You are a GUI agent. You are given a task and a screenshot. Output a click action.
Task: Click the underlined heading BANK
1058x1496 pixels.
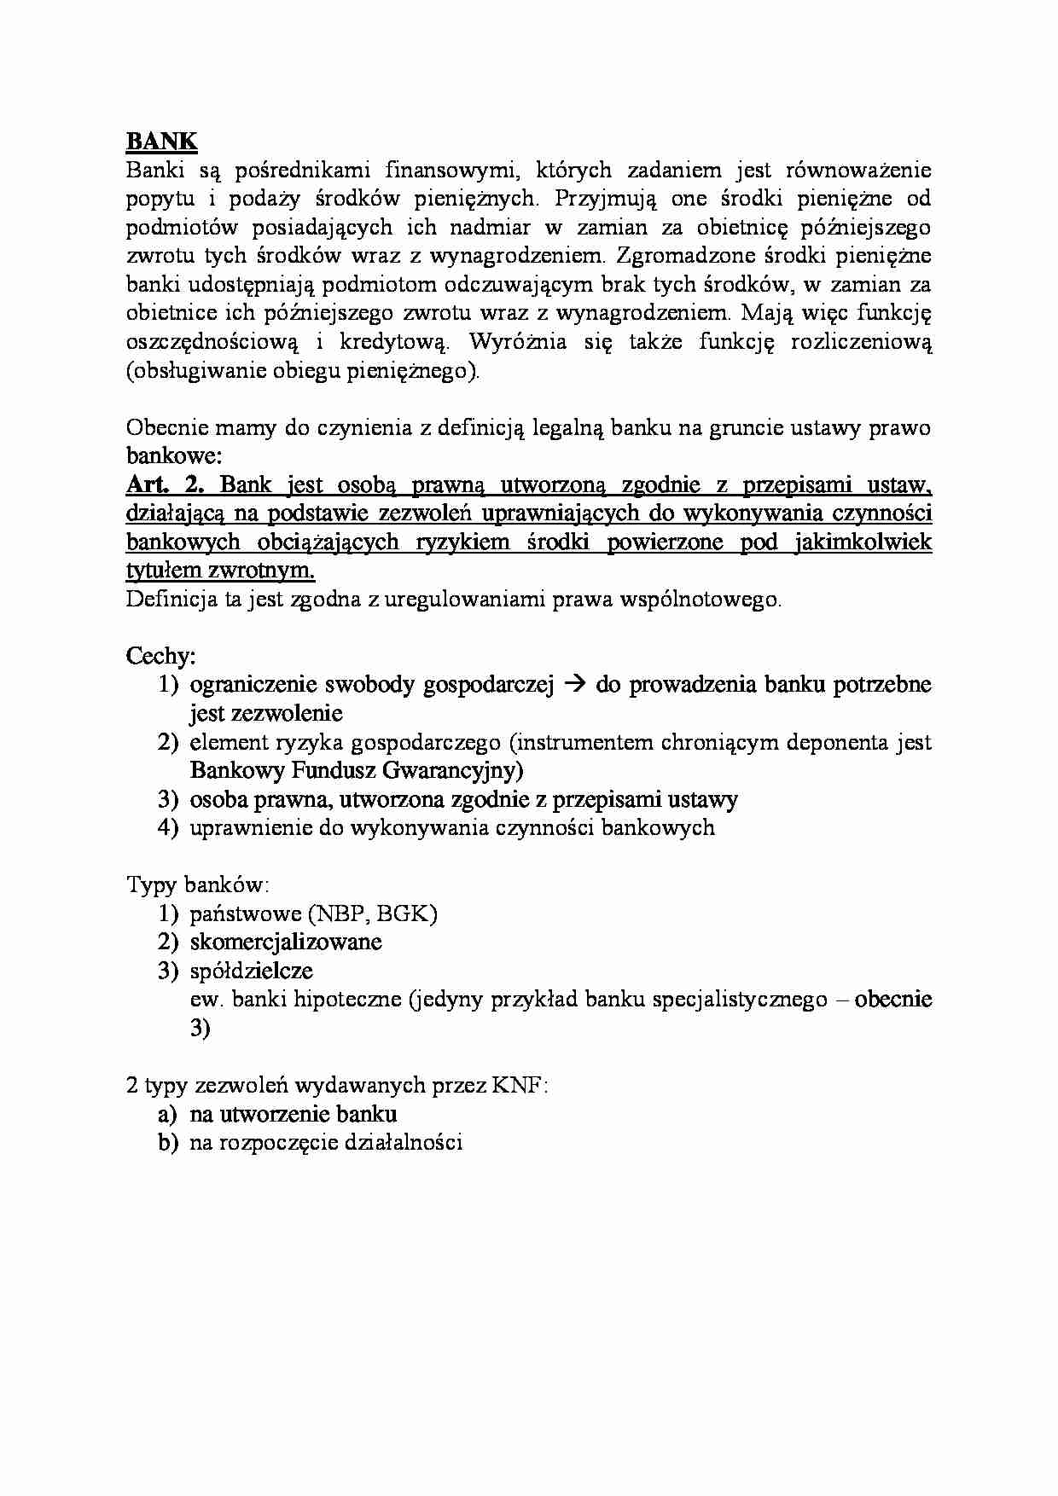pos(162,141)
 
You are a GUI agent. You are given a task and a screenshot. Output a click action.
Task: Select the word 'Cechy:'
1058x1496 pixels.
pos(161,656)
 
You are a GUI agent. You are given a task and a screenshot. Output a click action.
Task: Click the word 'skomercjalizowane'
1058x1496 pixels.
pos(285,942)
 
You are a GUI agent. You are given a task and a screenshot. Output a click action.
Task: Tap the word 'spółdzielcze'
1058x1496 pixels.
pos(251,971)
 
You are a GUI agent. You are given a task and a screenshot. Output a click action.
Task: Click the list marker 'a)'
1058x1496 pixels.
pos(167,1114)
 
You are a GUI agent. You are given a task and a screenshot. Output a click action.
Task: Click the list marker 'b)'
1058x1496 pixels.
pos(167,1142)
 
